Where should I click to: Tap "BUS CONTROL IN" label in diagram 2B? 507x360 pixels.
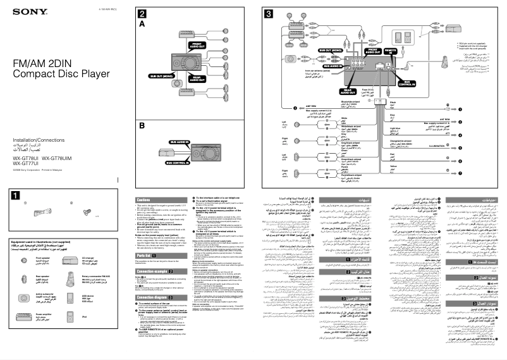pyautogui.click(x=176, y=163)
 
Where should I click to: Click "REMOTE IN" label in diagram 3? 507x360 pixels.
pyautogui.click(x=391, y=50)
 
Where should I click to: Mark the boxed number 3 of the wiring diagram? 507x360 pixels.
pyautogui.click(x=269, y=13)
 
